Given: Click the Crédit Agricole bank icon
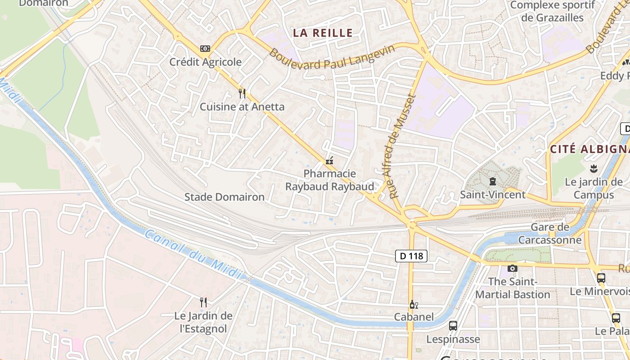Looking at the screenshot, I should [x=205, y=48].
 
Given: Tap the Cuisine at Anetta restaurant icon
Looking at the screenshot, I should [x=242, y=93].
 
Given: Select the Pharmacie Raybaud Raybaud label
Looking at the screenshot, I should [x=329, y=180].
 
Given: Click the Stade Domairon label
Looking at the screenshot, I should [x=225, y=197].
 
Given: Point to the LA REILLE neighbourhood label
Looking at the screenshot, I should [x=323, y=33].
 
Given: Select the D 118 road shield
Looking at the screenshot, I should [x=411, y=256].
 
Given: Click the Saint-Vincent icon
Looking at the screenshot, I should [x=492, y=182].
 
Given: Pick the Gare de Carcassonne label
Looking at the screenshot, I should [x=550, y=234].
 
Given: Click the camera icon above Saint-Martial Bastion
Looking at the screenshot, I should [x=512, y=269].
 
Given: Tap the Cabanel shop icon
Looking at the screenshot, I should [x=414, y=305].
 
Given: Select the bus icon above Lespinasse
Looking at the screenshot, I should [x=453, y=325].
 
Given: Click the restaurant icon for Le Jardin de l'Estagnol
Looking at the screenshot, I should [x=203, y=302].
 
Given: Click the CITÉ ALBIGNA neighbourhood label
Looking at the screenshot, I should [x=590, y=149].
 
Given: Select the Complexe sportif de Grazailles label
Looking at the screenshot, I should [x=553, y=11].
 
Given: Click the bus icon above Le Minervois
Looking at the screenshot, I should [x=601, y=278].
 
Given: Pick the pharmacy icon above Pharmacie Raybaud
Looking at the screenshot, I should [x=329, y=161].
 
